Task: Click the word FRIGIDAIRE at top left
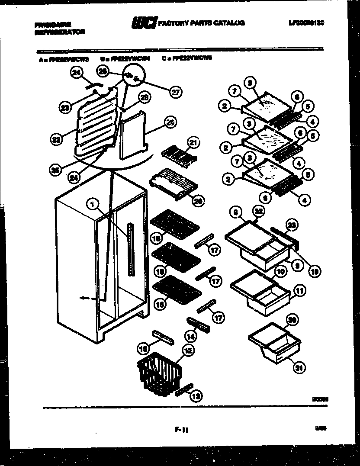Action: tap(53, 25)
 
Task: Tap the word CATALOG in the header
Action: tap(228, 22)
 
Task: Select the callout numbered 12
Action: tap(187, 352)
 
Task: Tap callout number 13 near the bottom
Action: tap(196, 396)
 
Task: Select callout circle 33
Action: tap(292, 225)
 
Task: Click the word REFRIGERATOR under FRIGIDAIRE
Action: tap(59, 32)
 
